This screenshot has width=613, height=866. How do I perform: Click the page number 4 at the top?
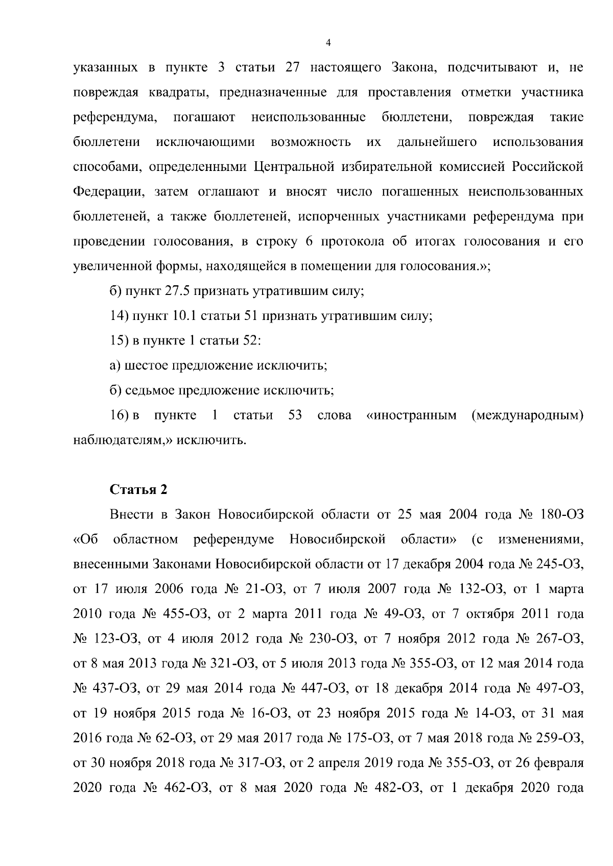coord(328,43)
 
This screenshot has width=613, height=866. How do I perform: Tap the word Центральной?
coord(292,167)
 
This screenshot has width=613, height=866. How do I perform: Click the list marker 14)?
coord(120,316)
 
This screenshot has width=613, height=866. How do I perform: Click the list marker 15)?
coord(120,341)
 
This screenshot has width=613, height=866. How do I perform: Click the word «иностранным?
coord(412,415)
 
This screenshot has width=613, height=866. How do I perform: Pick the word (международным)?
coord(527,415)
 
